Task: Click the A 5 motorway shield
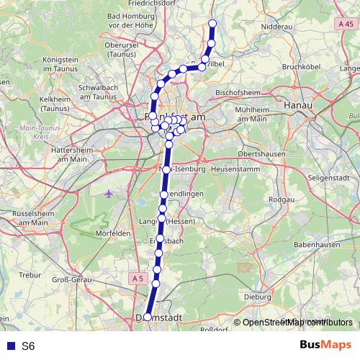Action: [x=138, y=278]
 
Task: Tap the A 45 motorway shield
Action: [x=345, y=24]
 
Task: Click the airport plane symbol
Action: [x=109, y=194]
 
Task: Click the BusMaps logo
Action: [x=326, y=345]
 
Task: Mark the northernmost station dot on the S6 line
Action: [x=213, y=23]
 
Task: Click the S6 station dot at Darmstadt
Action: [x=148, y=317]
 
